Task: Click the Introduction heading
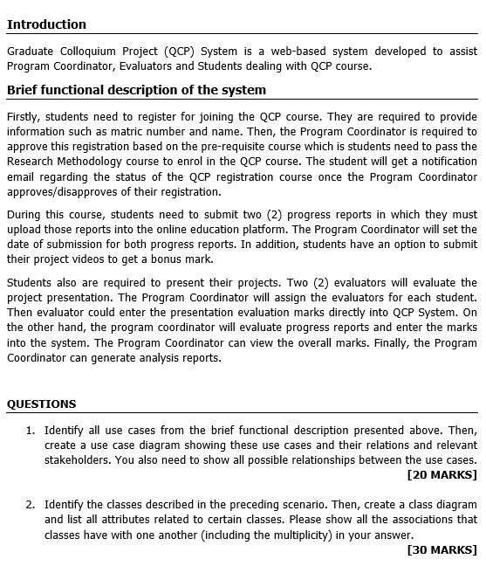click(46, 24)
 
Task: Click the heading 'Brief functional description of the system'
click(136, 90)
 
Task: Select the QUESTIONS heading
click(41, 404)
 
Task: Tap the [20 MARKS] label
click(442, 474)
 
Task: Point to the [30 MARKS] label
click(442, 549)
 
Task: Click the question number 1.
click(30, 430)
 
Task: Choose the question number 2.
click(30, 505)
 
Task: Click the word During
click(24, 214)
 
